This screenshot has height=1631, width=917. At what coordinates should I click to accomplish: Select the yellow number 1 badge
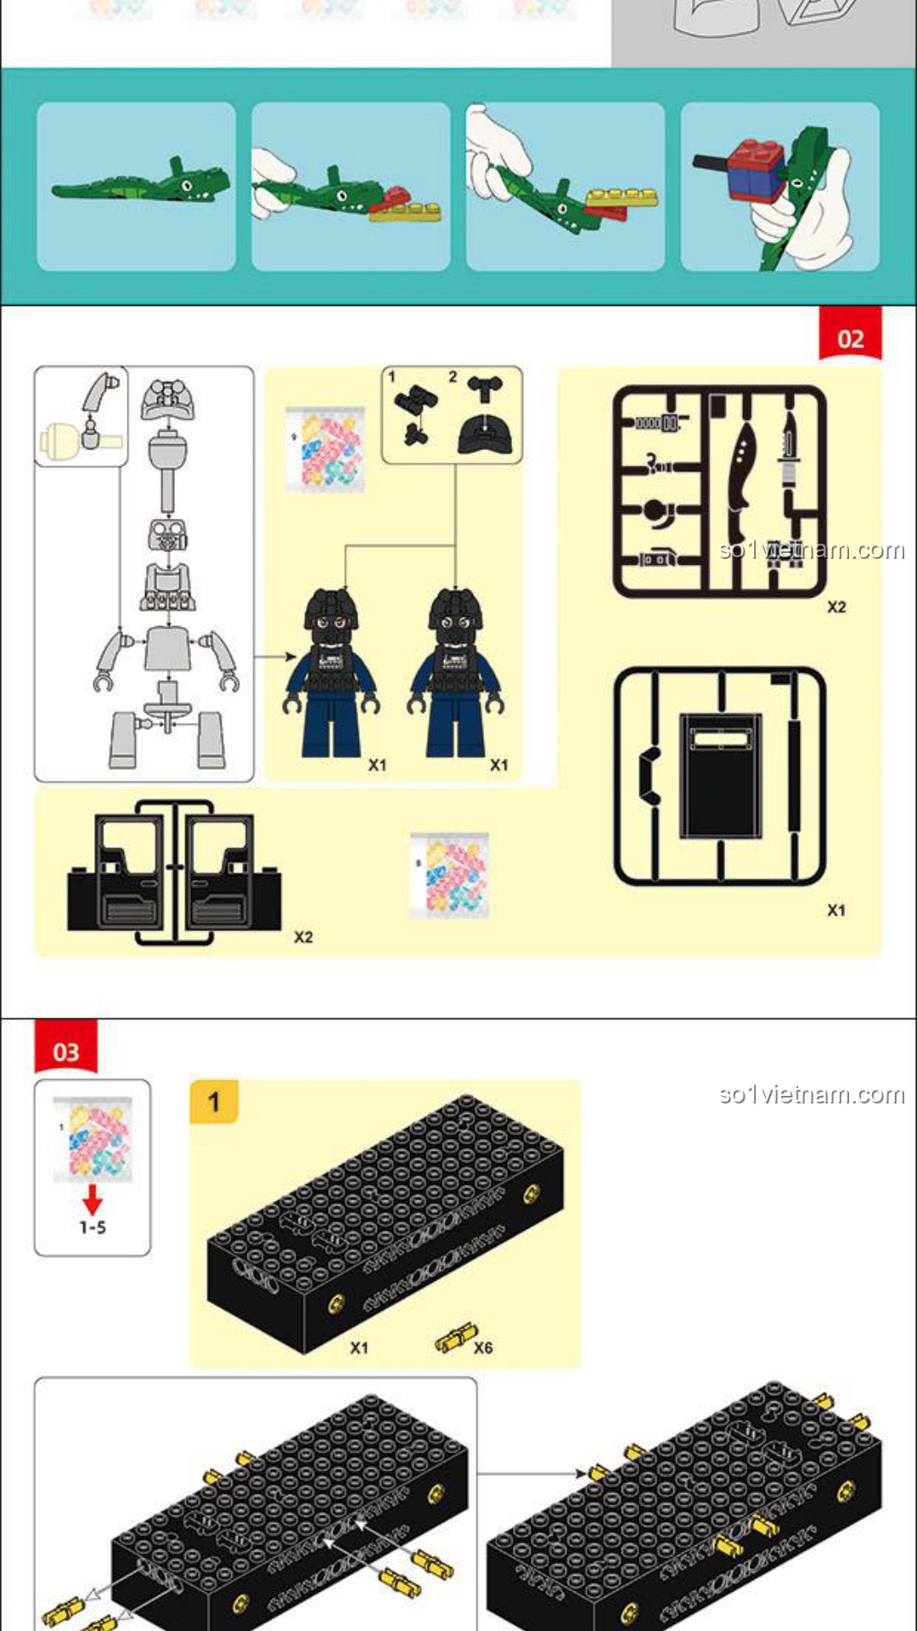(x=214, y=1102)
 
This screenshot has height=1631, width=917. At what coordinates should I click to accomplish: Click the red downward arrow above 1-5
(x=93, y=1199)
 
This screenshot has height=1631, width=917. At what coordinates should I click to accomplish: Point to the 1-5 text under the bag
(x=93, y=1227)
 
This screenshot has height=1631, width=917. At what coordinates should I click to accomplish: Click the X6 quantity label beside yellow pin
(x=483, y=1347)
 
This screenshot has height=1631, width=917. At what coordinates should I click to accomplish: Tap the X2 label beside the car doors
(x=303, y=937)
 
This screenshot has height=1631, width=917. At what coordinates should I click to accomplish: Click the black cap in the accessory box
(x=485, y=434)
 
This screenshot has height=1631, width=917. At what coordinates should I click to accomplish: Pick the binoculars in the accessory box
(x=415, y=413)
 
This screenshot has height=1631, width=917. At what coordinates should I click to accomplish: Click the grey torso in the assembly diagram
(x=167, y=648)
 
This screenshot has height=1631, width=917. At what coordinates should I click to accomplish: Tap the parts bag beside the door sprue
(x=449, y=875)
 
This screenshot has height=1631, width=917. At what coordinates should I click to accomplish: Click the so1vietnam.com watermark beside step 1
(x=812, y=1094)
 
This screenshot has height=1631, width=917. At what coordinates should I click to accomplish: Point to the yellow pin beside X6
(x=455, y=1338)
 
